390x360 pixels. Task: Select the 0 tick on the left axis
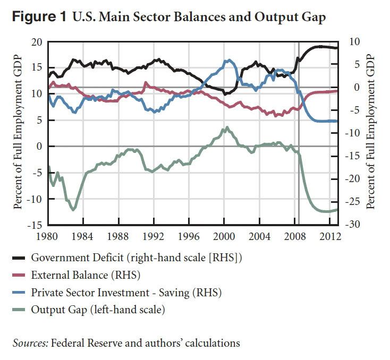(x=38, y=147)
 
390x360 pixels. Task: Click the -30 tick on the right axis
(x=353, y=225)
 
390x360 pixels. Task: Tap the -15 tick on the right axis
(x=353, y=156)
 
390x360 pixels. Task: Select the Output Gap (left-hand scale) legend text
(x=98, y=310)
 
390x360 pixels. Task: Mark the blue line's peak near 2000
(x=229, y=60)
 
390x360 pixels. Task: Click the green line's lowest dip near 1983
(x=73, y=210)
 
